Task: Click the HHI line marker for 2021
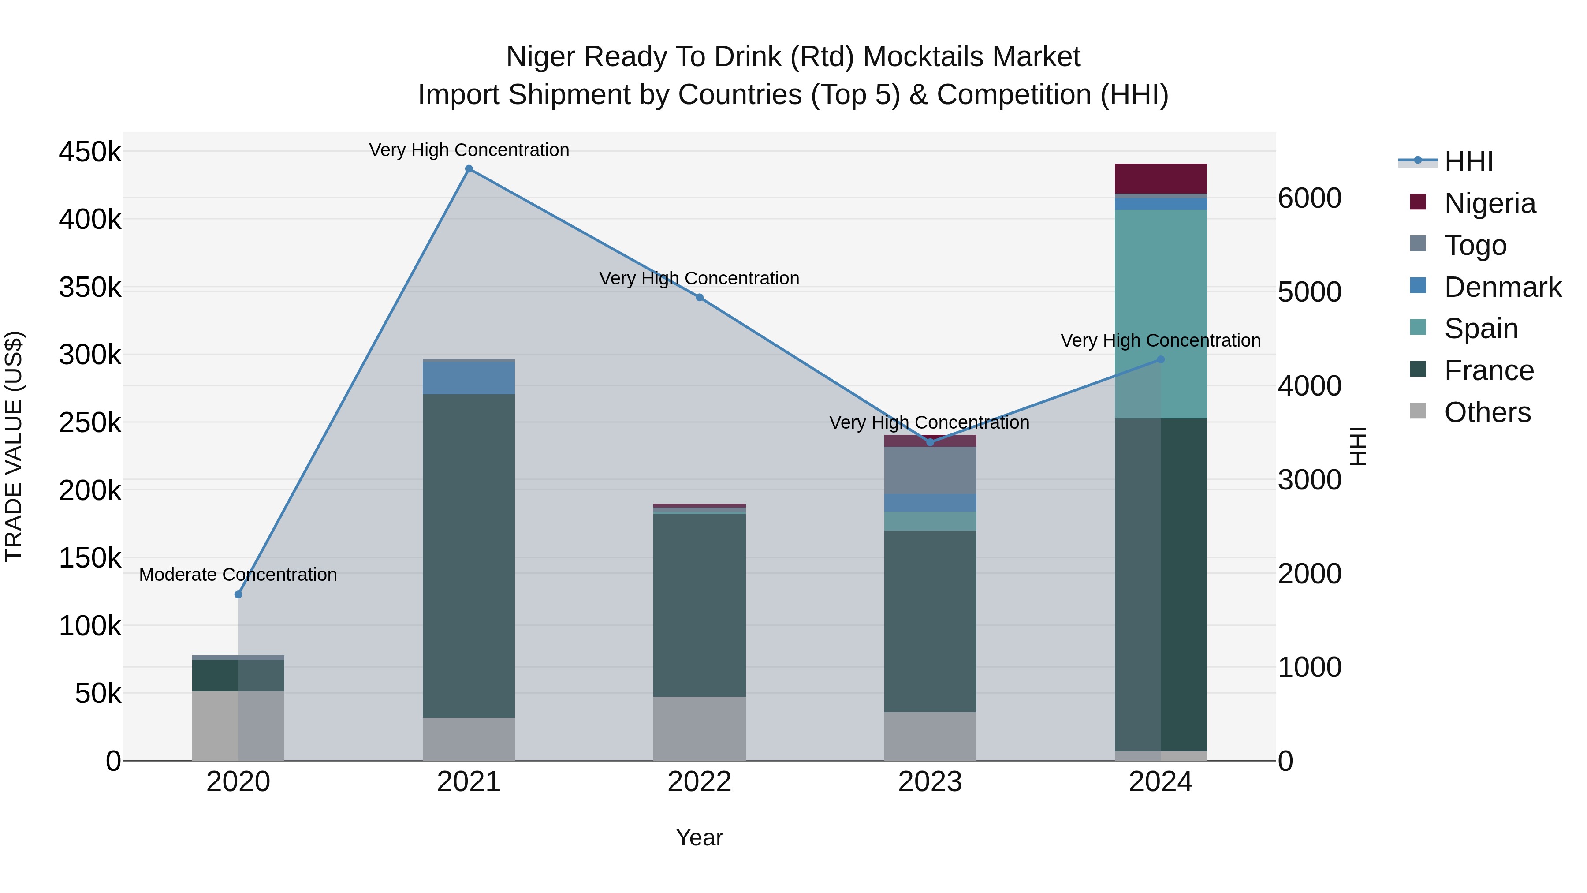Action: [469, 169]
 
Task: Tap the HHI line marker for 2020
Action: [238, 594]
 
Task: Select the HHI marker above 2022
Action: [699, 298]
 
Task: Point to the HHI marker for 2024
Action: [1161, 359]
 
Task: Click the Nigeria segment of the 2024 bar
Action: [1161, 179]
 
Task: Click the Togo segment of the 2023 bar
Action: [930, 470]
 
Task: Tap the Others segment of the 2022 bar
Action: [699, 729]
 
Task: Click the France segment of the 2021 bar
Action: [469, 555]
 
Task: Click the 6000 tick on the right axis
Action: [1309, 198]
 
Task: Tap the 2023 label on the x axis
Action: [930, 782]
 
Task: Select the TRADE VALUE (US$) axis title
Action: [14, 446]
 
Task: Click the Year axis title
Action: [699, 837]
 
